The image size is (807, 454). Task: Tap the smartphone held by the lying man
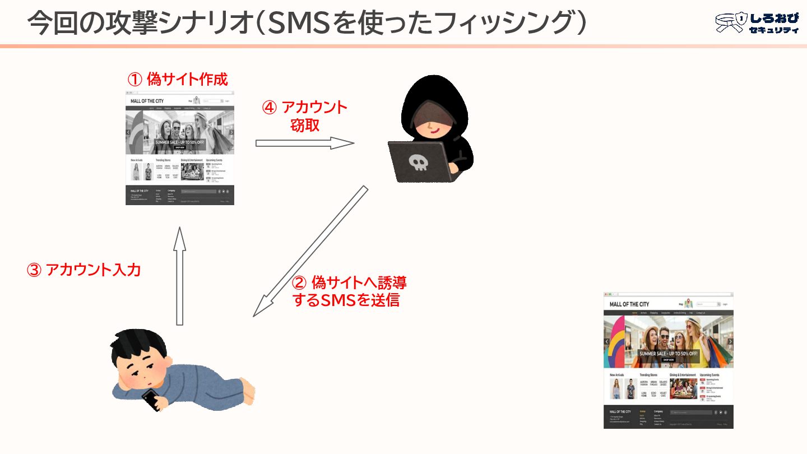(x=151, y=400)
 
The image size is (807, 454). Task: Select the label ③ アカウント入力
(x=84, y=270)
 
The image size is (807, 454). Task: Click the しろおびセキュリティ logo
(x=757, y=23)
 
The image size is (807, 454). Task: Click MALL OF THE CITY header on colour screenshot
(x=629, y=304)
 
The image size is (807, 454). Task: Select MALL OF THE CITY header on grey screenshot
(x=147, y=101)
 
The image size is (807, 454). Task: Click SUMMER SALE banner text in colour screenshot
(x=669, y=354)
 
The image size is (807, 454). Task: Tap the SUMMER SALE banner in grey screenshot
(x=179, y=142)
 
